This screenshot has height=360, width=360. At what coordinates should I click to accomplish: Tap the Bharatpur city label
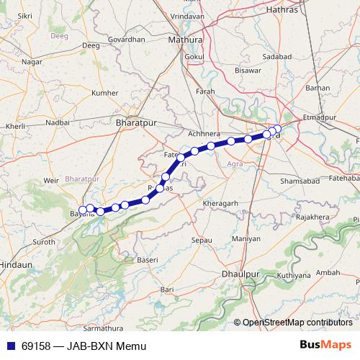[x=135, y=123]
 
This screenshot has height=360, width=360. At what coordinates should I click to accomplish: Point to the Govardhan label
[x=127, y=40]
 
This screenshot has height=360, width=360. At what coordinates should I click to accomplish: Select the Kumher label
[x=105, y=93]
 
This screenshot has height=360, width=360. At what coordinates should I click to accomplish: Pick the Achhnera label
[x=203, y=133]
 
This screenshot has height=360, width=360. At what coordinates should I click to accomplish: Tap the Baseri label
[x=147, y=259]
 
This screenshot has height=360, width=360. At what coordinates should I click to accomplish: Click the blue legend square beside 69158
[x=9, y=346]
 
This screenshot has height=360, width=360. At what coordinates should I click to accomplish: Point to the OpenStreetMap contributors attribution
[x=297, y=323]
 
